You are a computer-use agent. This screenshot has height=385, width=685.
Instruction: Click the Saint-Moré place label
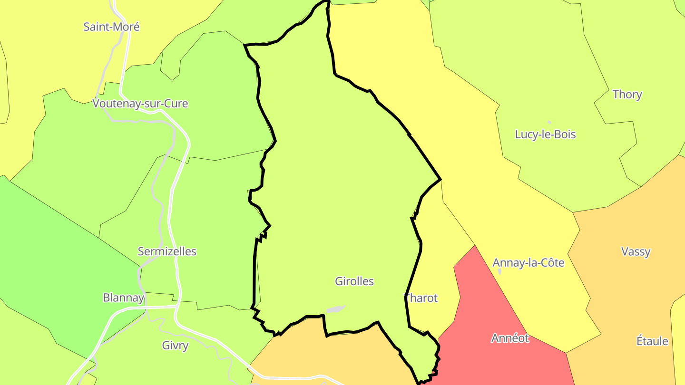(111, 27)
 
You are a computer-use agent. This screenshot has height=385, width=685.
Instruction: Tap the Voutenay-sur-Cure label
(140, 104)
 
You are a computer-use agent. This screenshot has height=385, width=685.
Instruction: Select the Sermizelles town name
(167, 251)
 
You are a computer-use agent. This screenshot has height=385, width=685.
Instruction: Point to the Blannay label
(123, 298)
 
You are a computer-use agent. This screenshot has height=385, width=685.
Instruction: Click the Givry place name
(175, 346)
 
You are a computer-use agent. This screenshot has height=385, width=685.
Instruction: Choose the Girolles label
(354, 281)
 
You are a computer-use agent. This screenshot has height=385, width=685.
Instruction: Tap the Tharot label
(421, 298)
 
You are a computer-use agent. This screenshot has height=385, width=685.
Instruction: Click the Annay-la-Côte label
(528, 263)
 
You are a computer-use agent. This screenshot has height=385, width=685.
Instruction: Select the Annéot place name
(510, 338)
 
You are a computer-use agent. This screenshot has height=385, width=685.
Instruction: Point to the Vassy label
(636, 252)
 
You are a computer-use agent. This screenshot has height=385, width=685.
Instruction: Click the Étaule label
(652, 341)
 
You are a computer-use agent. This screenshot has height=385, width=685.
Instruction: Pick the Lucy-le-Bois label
(545, 135)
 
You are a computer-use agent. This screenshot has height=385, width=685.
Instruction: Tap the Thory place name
(627, 95)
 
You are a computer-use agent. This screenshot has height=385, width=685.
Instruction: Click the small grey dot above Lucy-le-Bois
(549, 122)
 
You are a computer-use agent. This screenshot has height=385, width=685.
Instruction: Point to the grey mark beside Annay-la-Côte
(499, 271)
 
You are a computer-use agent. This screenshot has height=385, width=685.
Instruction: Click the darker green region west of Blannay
(57, 266)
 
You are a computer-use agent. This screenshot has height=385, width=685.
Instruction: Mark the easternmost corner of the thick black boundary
(441, 180)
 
